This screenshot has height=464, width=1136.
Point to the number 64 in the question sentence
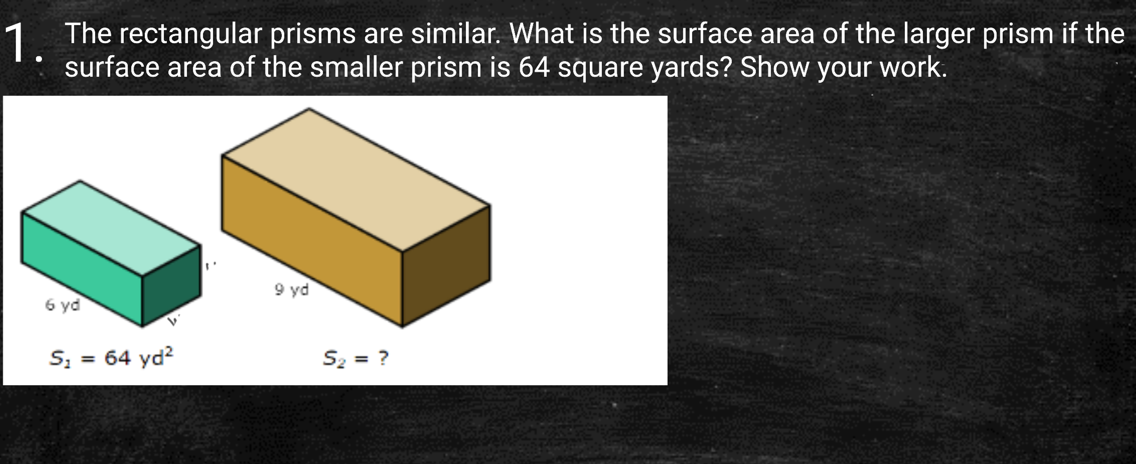coord(534,67)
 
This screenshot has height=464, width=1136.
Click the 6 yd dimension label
coord(63,305)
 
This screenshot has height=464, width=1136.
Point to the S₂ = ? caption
coord(355,358)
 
